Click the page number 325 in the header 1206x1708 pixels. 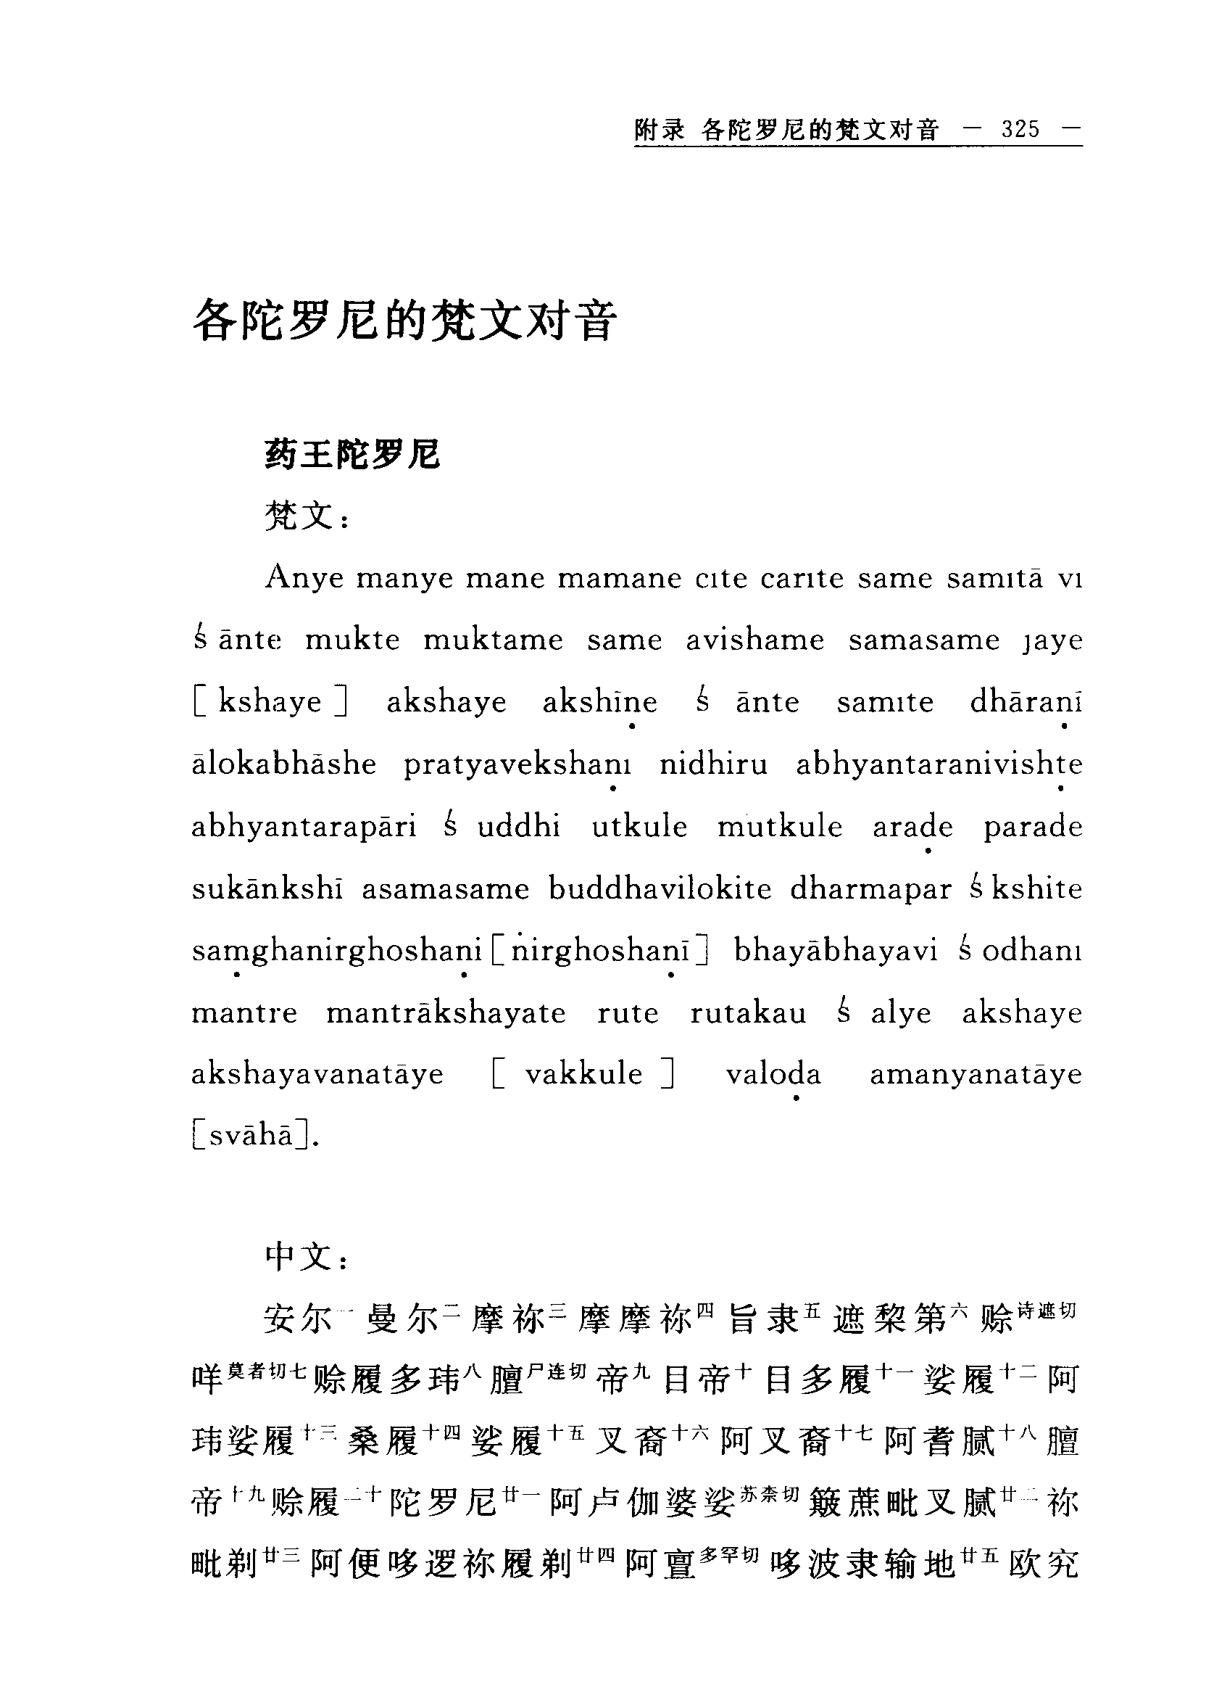1020,129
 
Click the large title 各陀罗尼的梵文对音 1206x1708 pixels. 404,321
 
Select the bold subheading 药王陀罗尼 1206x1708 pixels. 352,455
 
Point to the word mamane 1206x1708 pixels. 620,579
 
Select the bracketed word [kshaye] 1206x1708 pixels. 270,702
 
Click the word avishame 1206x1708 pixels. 754,640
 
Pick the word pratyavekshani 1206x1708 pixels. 517,764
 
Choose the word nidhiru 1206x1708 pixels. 713,764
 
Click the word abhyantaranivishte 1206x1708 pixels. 939,764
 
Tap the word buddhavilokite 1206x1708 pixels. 660,889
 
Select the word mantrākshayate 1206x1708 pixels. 446,1013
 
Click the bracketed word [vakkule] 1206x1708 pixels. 583,1075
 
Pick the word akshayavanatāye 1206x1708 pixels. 317,1075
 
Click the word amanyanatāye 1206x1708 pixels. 976,1075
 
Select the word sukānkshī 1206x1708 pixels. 267,889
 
